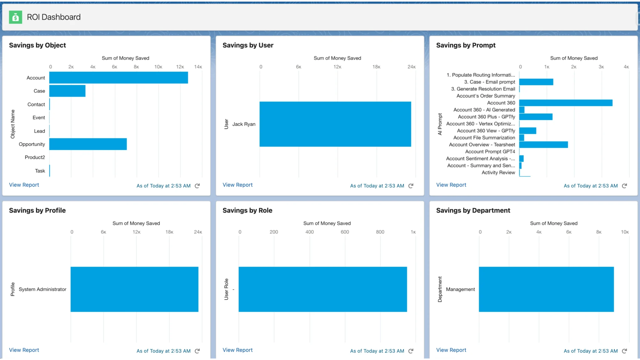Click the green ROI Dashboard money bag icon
(x=15, y=17)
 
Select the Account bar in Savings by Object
(x=118, y=78)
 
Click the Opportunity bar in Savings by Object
(x=88, y=144)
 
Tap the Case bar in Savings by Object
(x=67, y=91)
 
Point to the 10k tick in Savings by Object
(x=158, y=67)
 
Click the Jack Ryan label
(x=244, y=124)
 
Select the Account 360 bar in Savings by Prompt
(x=566, y=103)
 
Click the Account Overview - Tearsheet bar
(x=543, y=145)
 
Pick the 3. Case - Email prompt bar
(x=536, y=82)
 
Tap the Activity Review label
(x=498, y=172)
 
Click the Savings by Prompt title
(x=466, y=45)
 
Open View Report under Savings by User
(x=237, y=185)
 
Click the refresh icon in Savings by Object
(x=197, y=186)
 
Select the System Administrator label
(x=42, y=289)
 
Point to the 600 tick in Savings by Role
(x=345, y=232)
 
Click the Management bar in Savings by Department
(x=546, y=289)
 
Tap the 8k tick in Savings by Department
(x=598, y=232)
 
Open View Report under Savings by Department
(x=451, y=350)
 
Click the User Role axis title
(x=226, y=289)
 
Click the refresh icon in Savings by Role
(x=411, y=351)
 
